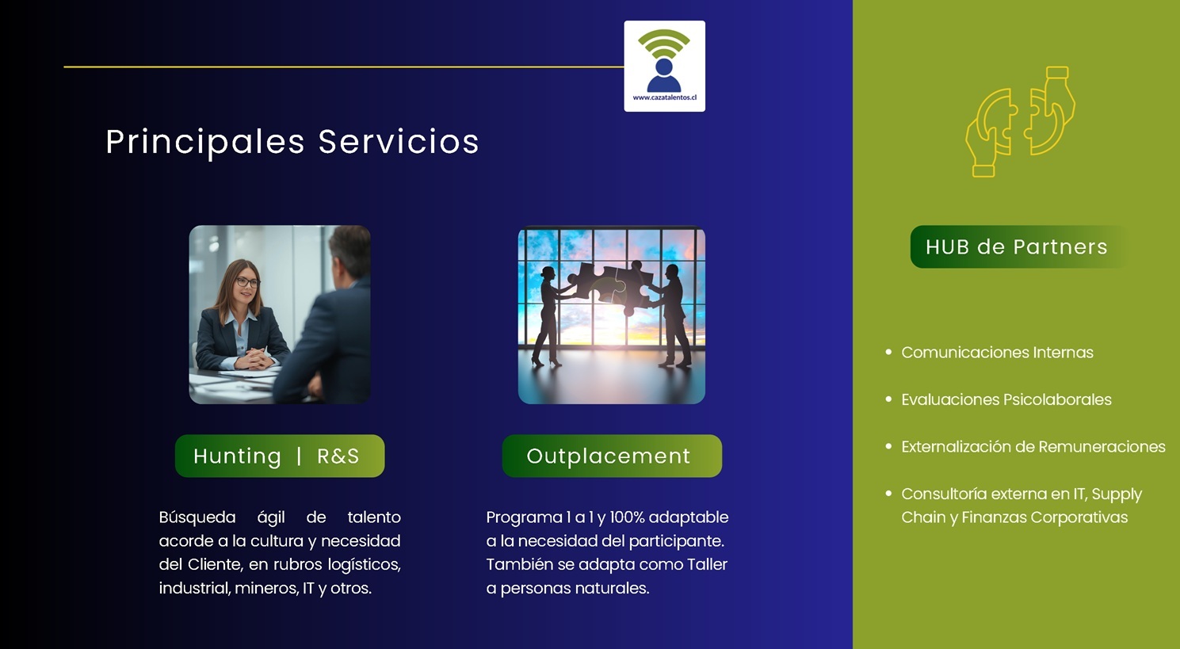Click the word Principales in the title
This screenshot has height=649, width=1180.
205,142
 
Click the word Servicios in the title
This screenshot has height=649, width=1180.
399,141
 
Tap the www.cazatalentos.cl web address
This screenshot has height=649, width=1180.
664,97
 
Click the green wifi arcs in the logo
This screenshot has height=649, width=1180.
664,44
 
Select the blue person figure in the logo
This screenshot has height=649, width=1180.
664,76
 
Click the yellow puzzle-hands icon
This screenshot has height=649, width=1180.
1020,122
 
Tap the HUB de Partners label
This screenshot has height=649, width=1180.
1017,247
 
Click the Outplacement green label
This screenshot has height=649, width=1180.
612,456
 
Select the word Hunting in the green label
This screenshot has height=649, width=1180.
237,456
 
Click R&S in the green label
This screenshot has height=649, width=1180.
338,456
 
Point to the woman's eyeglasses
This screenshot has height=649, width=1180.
246,282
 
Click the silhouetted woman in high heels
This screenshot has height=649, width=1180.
548,317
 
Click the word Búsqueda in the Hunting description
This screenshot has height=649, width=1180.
197,517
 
